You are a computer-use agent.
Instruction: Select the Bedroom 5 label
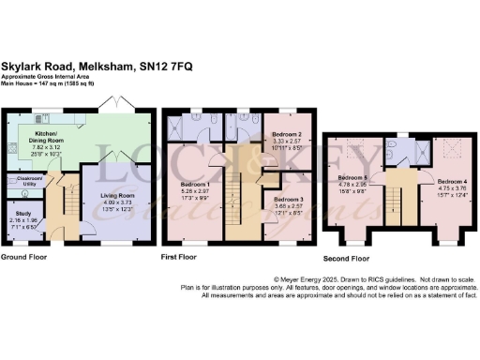coord(352,177)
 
